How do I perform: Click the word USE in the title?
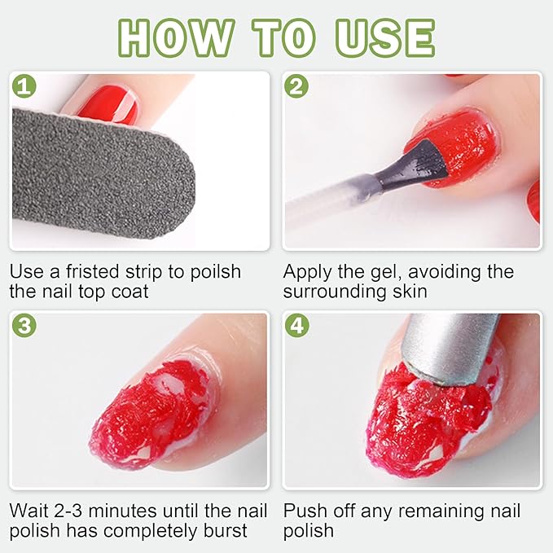coord(380,36)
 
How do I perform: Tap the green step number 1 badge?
coord(23,86)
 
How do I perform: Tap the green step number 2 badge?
coord(296,86)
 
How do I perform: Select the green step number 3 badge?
coord(23,326)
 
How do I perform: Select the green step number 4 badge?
coord(296,326)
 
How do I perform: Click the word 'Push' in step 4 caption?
coord(307,511)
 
